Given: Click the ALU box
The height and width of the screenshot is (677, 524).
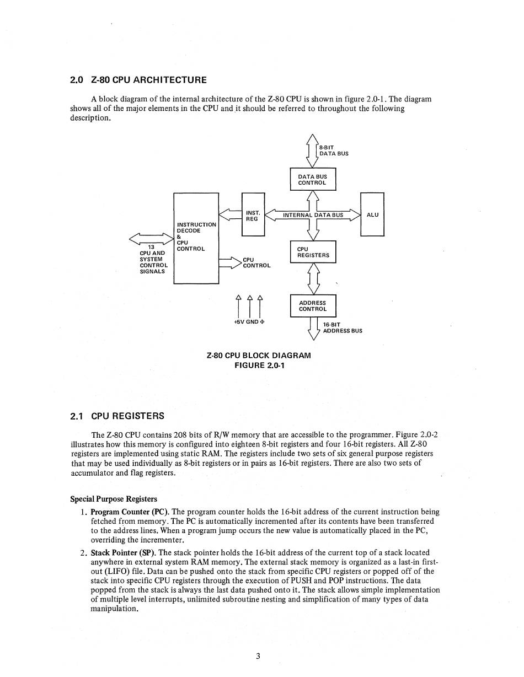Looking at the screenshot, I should (x=372, y=214).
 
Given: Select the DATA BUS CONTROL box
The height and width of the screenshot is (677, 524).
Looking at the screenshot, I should (x=312, y=180).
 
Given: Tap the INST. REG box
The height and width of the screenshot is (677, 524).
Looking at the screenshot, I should (x=253, y=214).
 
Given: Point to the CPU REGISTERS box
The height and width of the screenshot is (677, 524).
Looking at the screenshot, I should (x=313, y=252).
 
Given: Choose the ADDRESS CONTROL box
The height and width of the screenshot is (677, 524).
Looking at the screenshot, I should (x=313, y=306).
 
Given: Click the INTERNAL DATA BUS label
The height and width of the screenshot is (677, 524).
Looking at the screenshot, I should (x=313, y=215).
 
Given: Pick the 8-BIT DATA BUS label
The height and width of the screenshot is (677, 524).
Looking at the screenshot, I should (x=334, y=151).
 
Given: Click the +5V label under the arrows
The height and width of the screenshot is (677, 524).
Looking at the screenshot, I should (x=239, y=322).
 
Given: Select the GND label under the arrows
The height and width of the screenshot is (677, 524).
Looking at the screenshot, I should (x=252, y=322).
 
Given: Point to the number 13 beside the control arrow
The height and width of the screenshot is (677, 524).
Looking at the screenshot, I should (x=151, y=247).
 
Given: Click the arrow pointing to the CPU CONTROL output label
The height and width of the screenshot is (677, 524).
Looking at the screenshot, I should (x=231, y=262).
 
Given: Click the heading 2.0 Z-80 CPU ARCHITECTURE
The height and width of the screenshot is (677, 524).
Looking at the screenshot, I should (x=138, y=80).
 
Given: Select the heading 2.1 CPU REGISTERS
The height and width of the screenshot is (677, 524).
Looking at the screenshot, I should (x=117, y=416).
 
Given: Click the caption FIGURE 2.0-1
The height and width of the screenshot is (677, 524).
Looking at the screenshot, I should (x=259, y=365).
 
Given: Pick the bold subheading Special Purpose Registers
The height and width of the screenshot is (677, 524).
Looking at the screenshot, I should (x=114, y=499).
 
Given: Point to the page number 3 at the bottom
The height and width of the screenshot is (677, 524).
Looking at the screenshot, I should (x=258, y=656).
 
